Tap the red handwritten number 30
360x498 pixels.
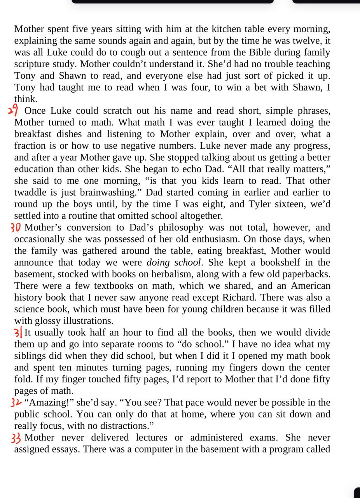tap(17, 227)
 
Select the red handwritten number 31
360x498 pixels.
tap(18, 333)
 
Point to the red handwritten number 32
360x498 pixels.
tap(17, 403)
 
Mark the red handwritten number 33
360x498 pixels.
tap(17, 438)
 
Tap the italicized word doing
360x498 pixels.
tap(158, 262)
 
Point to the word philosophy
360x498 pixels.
tap(177, 227)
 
